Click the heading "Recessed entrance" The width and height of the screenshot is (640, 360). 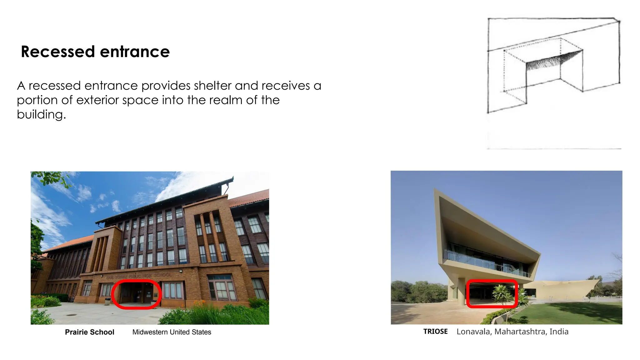click(x=95, y=52)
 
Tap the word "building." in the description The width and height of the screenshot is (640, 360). click(x=41, y=114)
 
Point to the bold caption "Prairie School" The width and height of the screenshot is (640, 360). click(x=89, y=332)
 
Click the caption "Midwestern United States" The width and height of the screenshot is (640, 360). click(x=172, y=332)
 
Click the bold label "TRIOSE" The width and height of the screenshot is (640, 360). click(x=435, y=331)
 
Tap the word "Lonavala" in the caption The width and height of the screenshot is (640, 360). click(x=473, y=332)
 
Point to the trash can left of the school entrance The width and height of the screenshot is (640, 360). click(x=107, y=301)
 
